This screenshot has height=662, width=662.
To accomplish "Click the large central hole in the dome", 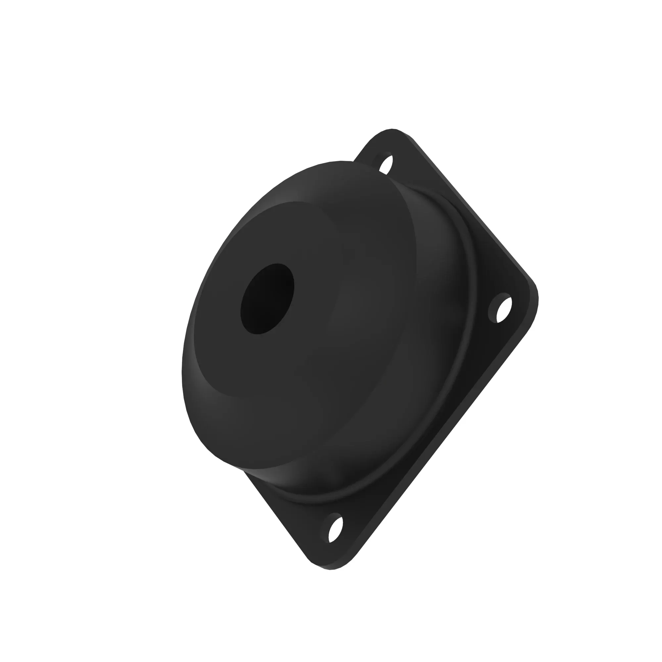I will [x=267, y=299].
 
